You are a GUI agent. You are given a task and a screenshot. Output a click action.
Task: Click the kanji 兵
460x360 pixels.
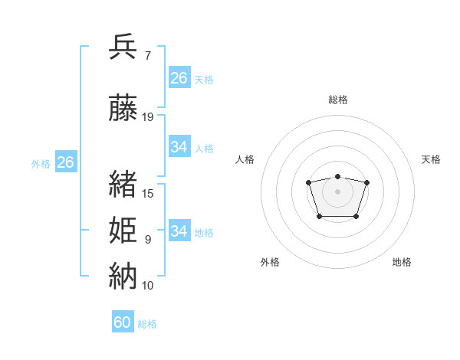[x=123, y=46]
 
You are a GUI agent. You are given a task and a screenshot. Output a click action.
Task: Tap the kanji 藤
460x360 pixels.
[x=123, y=107]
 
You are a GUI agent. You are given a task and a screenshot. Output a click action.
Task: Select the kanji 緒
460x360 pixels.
[x=123, y=184]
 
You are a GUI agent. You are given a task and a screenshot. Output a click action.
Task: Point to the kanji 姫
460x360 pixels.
[x=123, y=230]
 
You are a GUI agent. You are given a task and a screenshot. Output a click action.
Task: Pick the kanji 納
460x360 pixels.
[x=123, y=276]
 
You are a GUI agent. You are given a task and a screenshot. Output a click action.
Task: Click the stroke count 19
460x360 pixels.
[x=147, y=117]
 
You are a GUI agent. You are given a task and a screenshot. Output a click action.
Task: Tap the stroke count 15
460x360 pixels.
[x=147, y=194]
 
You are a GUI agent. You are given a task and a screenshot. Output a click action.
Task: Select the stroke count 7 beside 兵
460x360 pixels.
[x=148, y=56]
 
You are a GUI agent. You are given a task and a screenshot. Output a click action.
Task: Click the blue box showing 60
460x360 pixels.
[x=123, y=321]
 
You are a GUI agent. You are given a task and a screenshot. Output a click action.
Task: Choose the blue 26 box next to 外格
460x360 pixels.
[x=66, y=162]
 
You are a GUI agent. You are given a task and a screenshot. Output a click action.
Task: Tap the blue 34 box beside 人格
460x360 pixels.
[x=179, y=146]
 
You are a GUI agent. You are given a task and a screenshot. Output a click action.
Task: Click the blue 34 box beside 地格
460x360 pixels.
[x=179, y=230]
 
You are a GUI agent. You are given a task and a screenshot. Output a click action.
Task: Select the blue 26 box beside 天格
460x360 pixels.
[x=179, y=77]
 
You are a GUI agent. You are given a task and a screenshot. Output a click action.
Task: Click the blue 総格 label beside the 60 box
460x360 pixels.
[x=147, y=324]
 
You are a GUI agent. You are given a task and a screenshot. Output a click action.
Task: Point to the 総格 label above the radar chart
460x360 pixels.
[x=338, y=100]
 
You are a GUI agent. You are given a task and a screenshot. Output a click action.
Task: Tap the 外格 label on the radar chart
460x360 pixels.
[x=270, y=262]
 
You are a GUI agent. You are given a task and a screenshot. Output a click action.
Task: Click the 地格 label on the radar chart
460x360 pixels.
[x=402, y=262]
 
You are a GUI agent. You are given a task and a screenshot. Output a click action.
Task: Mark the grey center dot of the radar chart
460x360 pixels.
[x=337, y=191]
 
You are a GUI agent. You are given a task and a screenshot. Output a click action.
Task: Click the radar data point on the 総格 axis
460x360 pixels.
[x=337, y=176]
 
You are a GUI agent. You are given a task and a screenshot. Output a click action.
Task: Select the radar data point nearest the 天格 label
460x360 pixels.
[x=366, y=182]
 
